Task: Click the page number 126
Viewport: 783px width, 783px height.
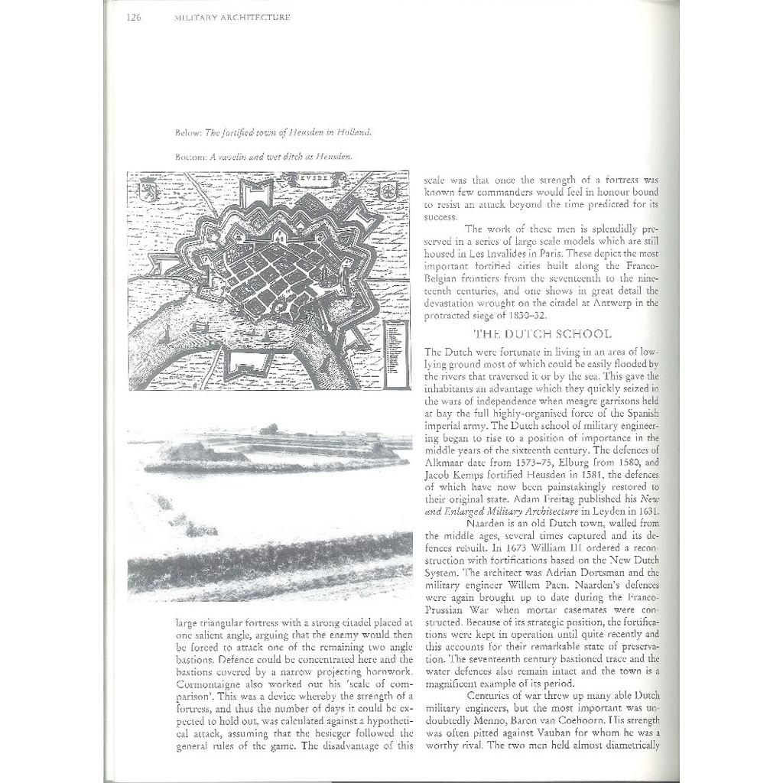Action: (x=132, y=18)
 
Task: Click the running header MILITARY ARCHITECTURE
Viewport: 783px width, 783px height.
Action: (x=232, y=18)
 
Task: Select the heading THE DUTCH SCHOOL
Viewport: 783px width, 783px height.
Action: (x=542, y=334)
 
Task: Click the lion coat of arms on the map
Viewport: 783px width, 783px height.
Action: (x=148, y=190)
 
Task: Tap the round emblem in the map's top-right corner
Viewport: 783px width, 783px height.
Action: (x=388, y=190)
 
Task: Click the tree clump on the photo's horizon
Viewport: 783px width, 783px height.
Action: (x=269, y=429)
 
